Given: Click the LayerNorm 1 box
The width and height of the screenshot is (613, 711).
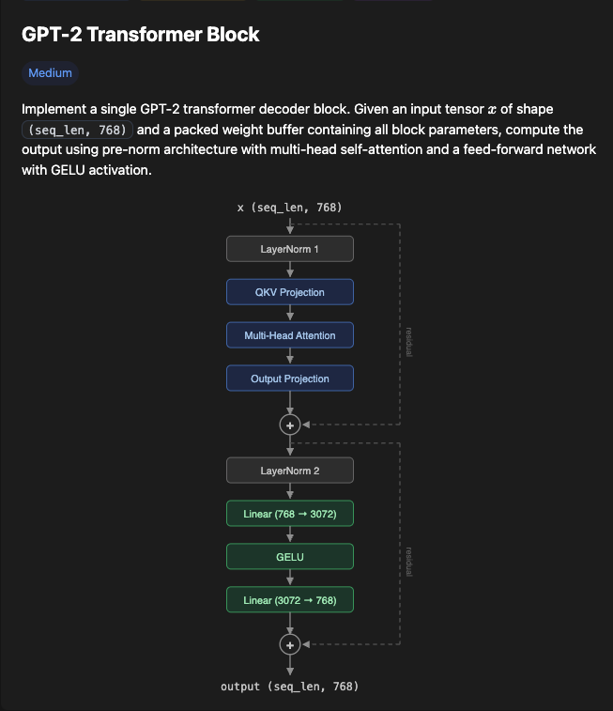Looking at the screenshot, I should point(290,249).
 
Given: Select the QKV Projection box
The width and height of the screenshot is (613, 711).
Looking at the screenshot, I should point(290,292).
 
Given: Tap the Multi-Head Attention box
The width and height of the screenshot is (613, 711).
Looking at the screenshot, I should point(290,335).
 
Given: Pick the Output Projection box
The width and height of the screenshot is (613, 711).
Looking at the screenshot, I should point(290,379).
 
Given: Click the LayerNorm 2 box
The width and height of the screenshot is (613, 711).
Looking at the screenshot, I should point(290,470).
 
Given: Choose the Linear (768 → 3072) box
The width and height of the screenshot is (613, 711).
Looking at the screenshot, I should point(290,514).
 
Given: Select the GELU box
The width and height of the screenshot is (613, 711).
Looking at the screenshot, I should point(290,557).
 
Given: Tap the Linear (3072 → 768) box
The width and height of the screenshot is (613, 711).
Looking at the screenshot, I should point(290,600).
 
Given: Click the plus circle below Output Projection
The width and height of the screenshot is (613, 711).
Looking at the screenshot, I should point(290,425).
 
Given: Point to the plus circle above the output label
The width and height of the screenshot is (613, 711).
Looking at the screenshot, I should point(290,644).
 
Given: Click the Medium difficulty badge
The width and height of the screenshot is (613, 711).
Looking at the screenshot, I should point(50,73).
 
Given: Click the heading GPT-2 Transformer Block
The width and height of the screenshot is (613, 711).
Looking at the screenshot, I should point(141,35).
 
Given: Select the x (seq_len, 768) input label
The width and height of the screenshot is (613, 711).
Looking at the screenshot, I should point(290,207).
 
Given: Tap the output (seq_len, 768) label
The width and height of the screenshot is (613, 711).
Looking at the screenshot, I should point(290,687).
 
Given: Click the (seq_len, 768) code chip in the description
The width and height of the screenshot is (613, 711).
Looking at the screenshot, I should point(78,131).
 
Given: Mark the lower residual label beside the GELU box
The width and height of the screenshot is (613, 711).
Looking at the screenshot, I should point(409,561).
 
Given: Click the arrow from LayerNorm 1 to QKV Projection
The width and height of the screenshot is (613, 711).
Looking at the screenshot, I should point(290,270).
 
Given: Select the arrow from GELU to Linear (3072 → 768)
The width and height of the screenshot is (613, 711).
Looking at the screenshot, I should point(290,579).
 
